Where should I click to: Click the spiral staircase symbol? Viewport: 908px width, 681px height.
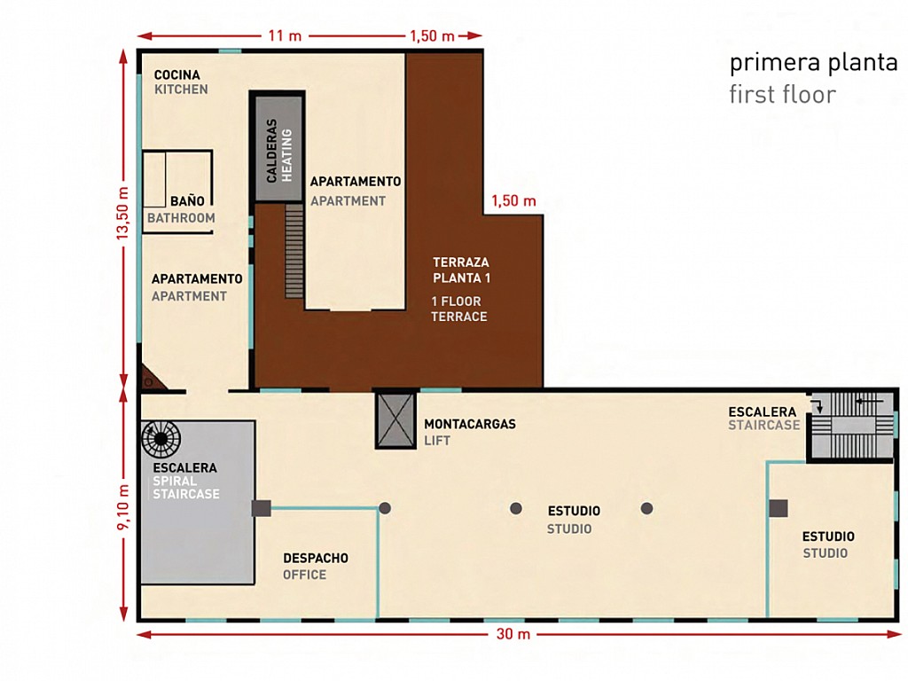[161, 439]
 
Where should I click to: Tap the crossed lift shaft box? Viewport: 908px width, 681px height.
[395, 420]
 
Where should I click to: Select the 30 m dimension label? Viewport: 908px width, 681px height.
[513, 634]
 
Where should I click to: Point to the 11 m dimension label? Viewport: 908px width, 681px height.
[285, 35]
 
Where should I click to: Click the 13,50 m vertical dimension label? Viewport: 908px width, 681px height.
[122, 213]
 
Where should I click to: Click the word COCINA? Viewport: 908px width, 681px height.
[177, 74]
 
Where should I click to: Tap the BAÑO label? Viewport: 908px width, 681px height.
[187, 201]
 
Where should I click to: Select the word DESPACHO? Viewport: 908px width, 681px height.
[316, 559]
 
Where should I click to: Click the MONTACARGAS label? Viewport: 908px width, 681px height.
[470, 424]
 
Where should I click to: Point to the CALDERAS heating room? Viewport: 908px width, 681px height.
[279, 149]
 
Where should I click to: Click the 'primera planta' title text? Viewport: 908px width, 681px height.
[814, 63]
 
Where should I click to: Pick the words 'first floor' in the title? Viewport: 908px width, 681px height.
[782, 94]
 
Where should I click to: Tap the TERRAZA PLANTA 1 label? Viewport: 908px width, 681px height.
[461, 270]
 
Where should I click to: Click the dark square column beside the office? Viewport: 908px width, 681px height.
[262, 508]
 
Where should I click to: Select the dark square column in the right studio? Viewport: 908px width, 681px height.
[779, 508]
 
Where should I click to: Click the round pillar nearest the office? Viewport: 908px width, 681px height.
[385, 508]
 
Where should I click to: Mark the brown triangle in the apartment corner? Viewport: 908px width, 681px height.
[153, 378]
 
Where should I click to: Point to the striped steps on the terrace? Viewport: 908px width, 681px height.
[294, 251]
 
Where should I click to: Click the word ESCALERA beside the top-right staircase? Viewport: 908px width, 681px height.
[762, 411]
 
